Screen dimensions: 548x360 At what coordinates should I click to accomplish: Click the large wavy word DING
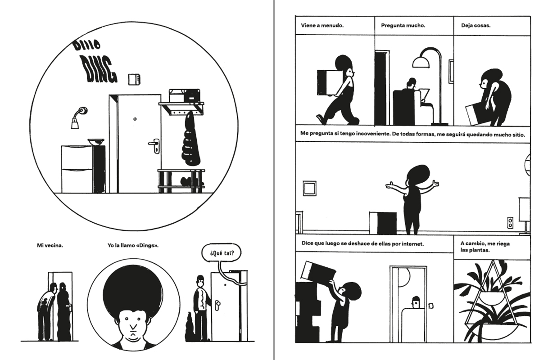[99, 70]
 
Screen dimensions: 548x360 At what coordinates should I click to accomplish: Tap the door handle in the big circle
[154, 145]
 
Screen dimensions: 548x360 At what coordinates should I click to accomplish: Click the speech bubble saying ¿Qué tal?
[222, 253]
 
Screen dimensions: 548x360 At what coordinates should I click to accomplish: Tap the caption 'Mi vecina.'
[50, 245]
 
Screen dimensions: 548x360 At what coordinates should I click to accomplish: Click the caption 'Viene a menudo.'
[322, 26]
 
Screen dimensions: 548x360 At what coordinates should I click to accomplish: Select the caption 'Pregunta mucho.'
[403, 26]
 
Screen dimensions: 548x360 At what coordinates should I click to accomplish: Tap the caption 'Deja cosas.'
[476, 26]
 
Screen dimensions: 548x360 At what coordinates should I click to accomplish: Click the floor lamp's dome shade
[421, 63]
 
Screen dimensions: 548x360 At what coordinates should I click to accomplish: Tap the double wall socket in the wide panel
[510, 223]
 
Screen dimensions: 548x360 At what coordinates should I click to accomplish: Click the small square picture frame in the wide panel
[309, 188]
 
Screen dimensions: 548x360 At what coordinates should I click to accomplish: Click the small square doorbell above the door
[134, 80]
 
